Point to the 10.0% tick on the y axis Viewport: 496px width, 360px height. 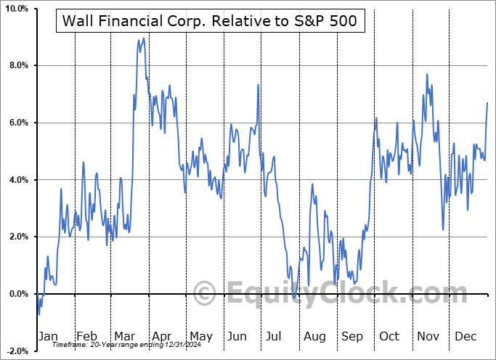tap(16, 9)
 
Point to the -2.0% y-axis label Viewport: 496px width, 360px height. tap(16, 351)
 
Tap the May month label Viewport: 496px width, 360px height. tap(200, 336)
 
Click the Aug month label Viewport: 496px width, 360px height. tap(314, 336)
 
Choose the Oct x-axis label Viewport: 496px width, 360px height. tap(389, 336)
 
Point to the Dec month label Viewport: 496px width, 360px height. tap(465, 336)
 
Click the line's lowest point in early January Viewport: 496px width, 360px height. tap(38, 314)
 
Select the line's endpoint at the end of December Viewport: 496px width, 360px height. tap(487, 103)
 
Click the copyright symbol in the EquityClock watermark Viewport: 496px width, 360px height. tap(206, 293)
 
